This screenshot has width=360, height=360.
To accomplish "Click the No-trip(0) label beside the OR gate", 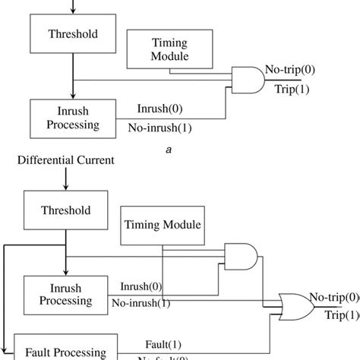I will (x=333, y=298).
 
